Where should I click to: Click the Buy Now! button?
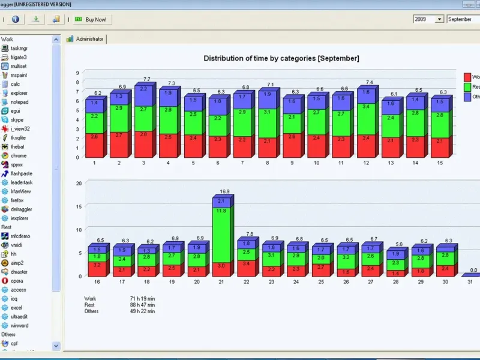tap(91, 19)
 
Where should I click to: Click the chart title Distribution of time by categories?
tap(281, 58)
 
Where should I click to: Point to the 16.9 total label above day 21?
tap(225, 193)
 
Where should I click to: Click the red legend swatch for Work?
tap(467, 77)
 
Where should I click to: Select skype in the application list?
tap(17, 120)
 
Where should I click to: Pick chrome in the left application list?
tap(18, 155)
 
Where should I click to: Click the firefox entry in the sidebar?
tap(17, 200)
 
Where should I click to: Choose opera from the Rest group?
tap(17, 281)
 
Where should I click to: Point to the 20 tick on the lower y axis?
tap(78, 183)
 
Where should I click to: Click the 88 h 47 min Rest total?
tap(142, 305)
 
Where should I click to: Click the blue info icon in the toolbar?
tap(16, 19)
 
